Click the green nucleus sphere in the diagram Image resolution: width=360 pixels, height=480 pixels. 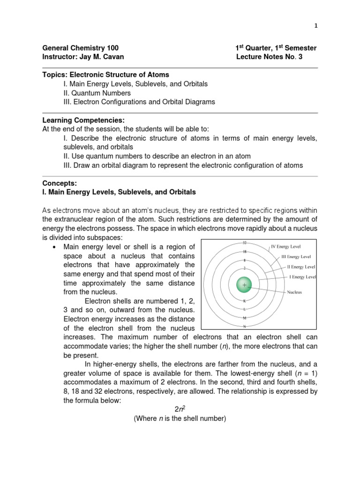coord(244,285)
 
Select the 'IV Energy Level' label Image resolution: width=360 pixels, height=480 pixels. coord(285,246)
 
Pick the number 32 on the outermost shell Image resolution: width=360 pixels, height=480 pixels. coord(244,243)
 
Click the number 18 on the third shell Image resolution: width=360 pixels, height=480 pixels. coord(244,251)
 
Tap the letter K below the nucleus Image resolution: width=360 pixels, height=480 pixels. coord(244,301)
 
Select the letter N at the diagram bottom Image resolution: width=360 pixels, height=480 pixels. coord(244,326)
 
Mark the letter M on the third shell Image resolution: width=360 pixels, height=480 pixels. coord(244,318)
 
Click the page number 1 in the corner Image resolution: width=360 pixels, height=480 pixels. coord(316,26)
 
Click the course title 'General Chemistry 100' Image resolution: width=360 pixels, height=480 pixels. coord(81,48)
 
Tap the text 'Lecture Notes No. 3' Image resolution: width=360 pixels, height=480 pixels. coord(273,57)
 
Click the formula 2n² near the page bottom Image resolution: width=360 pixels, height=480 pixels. coord(180,409)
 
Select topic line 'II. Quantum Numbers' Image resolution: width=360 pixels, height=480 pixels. coord(96,93)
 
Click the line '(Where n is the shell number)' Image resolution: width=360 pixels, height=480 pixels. coord(180,419)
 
